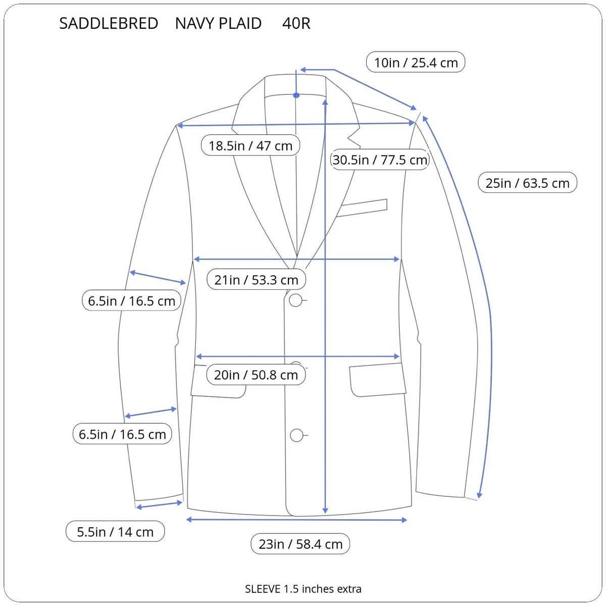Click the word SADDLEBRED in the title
point(109,23)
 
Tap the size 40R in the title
point(296,23)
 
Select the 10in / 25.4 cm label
point(416,62)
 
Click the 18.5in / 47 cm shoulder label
point(250,145)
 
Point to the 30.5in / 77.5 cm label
point(380,160)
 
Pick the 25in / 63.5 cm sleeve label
point(527,182)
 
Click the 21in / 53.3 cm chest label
point(256,279)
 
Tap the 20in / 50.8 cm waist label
point(256,374)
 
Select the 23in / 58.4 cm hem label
point(300,543)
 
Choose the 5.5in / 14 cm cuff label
point(115,531)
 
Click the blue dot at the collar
point(296,95)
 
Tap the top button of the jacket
point(295,300)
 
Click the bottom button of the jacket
point(296,435)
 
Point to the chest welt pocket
point(362,208)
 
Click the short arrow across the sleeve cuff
point(159,505)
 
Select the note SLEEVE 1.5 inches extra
point(303,589)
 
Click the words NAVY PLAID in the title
point(218,23)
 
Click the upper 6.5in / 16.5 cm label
point(131,300)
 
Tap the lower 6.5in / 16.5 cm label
point(122,434)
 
